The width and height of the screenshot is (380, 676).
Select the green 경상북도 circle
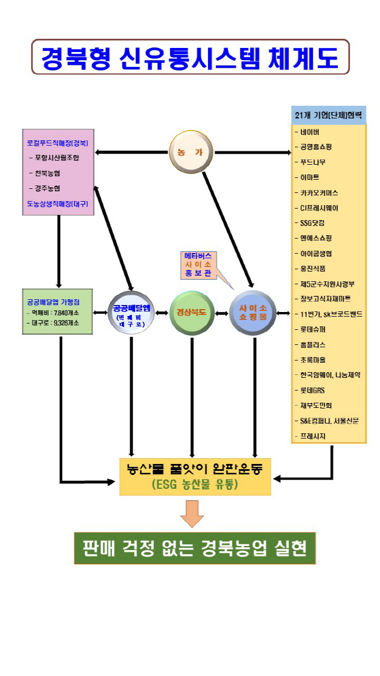192,313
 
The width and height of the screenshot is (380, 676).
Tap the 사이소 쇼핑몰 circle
252,313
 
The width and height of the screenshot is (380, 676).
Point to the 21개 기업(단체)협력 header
328,115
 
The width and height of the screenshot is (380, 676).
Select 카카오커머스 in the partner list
319,192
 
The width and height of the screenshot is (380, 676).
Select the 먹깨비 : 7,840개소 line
53,313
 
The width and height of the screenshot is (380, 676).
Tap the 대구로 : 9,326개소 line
53,323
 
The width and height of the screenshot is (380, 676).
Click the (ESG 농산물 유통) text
195,485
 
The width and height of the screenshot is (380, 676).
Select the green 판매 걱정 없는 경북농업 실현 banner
195,548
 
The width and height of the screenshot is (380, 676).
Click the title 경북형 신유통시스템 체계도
190,57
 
